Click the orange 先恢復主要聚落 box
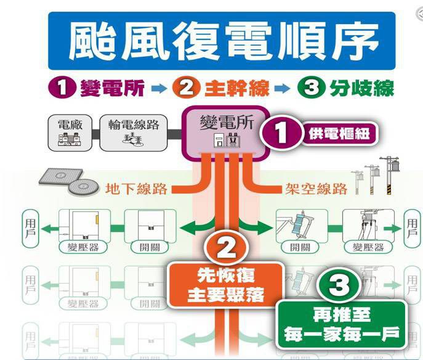click(226, 284)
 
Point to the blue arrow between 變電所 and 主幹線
click(158, 89)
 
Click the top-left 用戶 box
click(30, 226)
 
